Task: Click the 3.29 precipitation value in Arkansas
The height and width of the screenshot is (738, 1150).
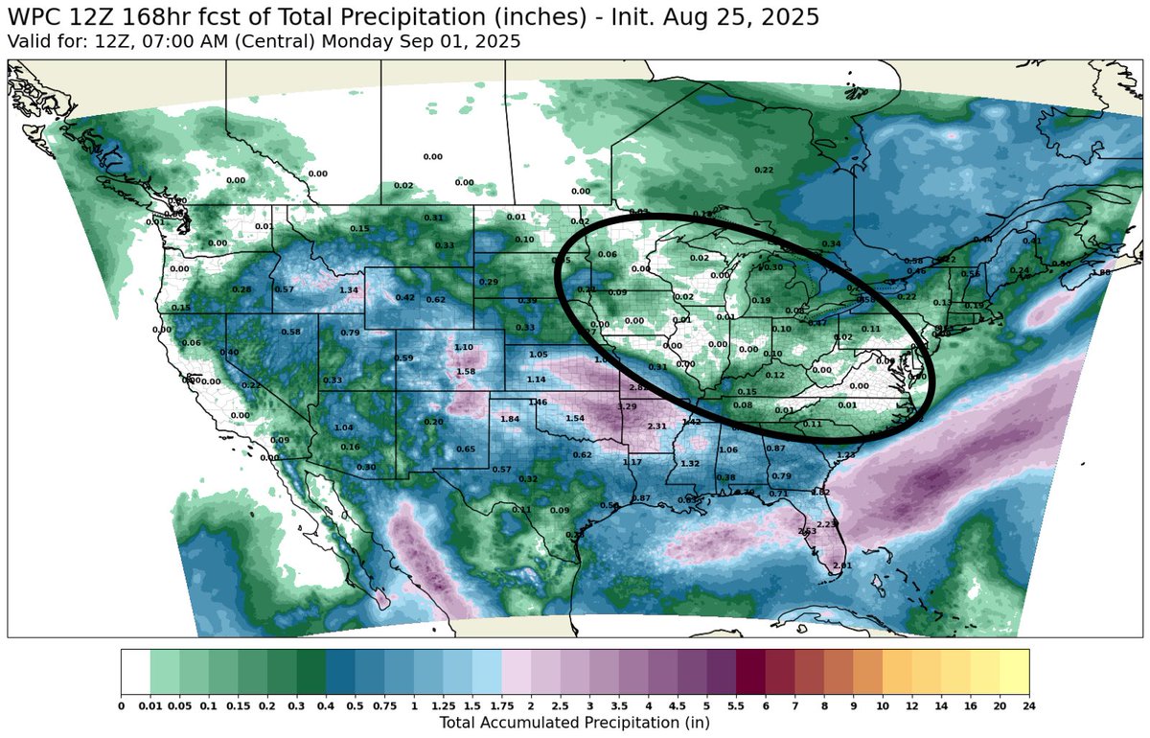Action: (x=627, y=407)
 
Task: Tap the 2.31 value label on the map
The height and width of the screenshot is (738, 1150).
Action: (x=657, y=427)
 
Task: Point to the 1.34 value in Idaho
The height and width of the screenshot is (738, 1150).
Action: (x=349, y=290)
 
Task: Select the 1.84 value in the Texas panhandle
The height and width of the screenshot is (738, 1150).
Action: (x=510, y=420)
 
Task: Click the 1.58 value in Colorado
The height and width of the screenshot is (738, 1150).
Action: (x=466, y=372)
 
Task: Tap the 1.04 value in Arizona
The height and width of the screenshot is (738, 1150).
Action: (x=344, y=427)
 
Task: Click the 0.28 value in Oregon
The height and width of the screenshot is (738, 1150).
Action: (x=241, y=289)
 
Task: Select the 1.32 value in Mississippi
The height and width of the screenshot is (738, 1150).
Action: (x=689, y=464)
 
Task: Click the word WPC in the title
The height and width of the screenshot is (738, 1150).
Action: (x=34, y=17)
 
